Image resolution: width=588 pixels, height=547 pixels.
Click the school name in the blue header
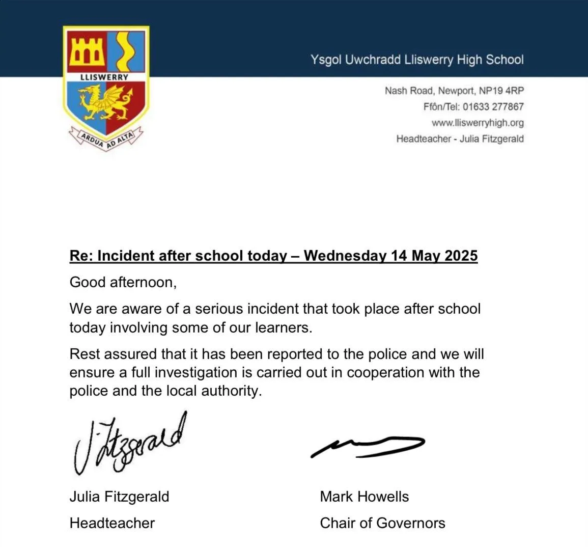click(417, 60)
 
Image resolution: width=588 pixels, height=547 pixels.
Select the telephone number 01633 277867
click(493, 106)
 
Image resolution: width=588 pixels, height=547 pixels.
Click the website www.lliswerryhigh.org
click(478, 123)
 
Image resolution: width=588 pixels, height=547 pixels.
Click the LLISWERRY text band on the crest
click(105, 77)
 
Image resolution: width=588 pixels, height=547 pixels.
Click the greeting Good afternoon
click(123, 282)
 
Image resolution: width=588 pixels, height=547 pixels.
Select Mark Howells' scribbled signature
click(367, 446)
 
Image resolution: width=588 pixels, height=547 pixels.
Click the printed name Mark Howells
click(364, 497)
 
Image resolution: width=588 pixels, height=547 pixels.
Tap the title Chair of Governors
click(382, 523)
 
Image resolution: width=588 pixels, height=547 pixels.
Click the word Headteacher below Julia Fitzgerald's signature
click(112, 523)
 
